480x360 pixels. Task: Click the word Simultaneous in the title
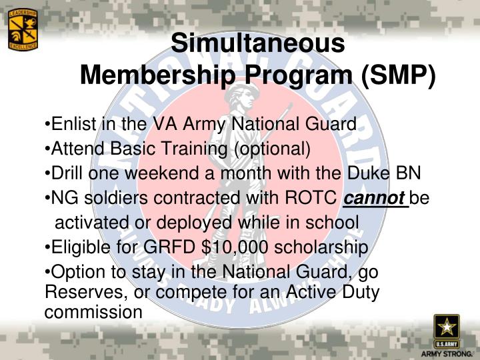coord(258,43)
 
